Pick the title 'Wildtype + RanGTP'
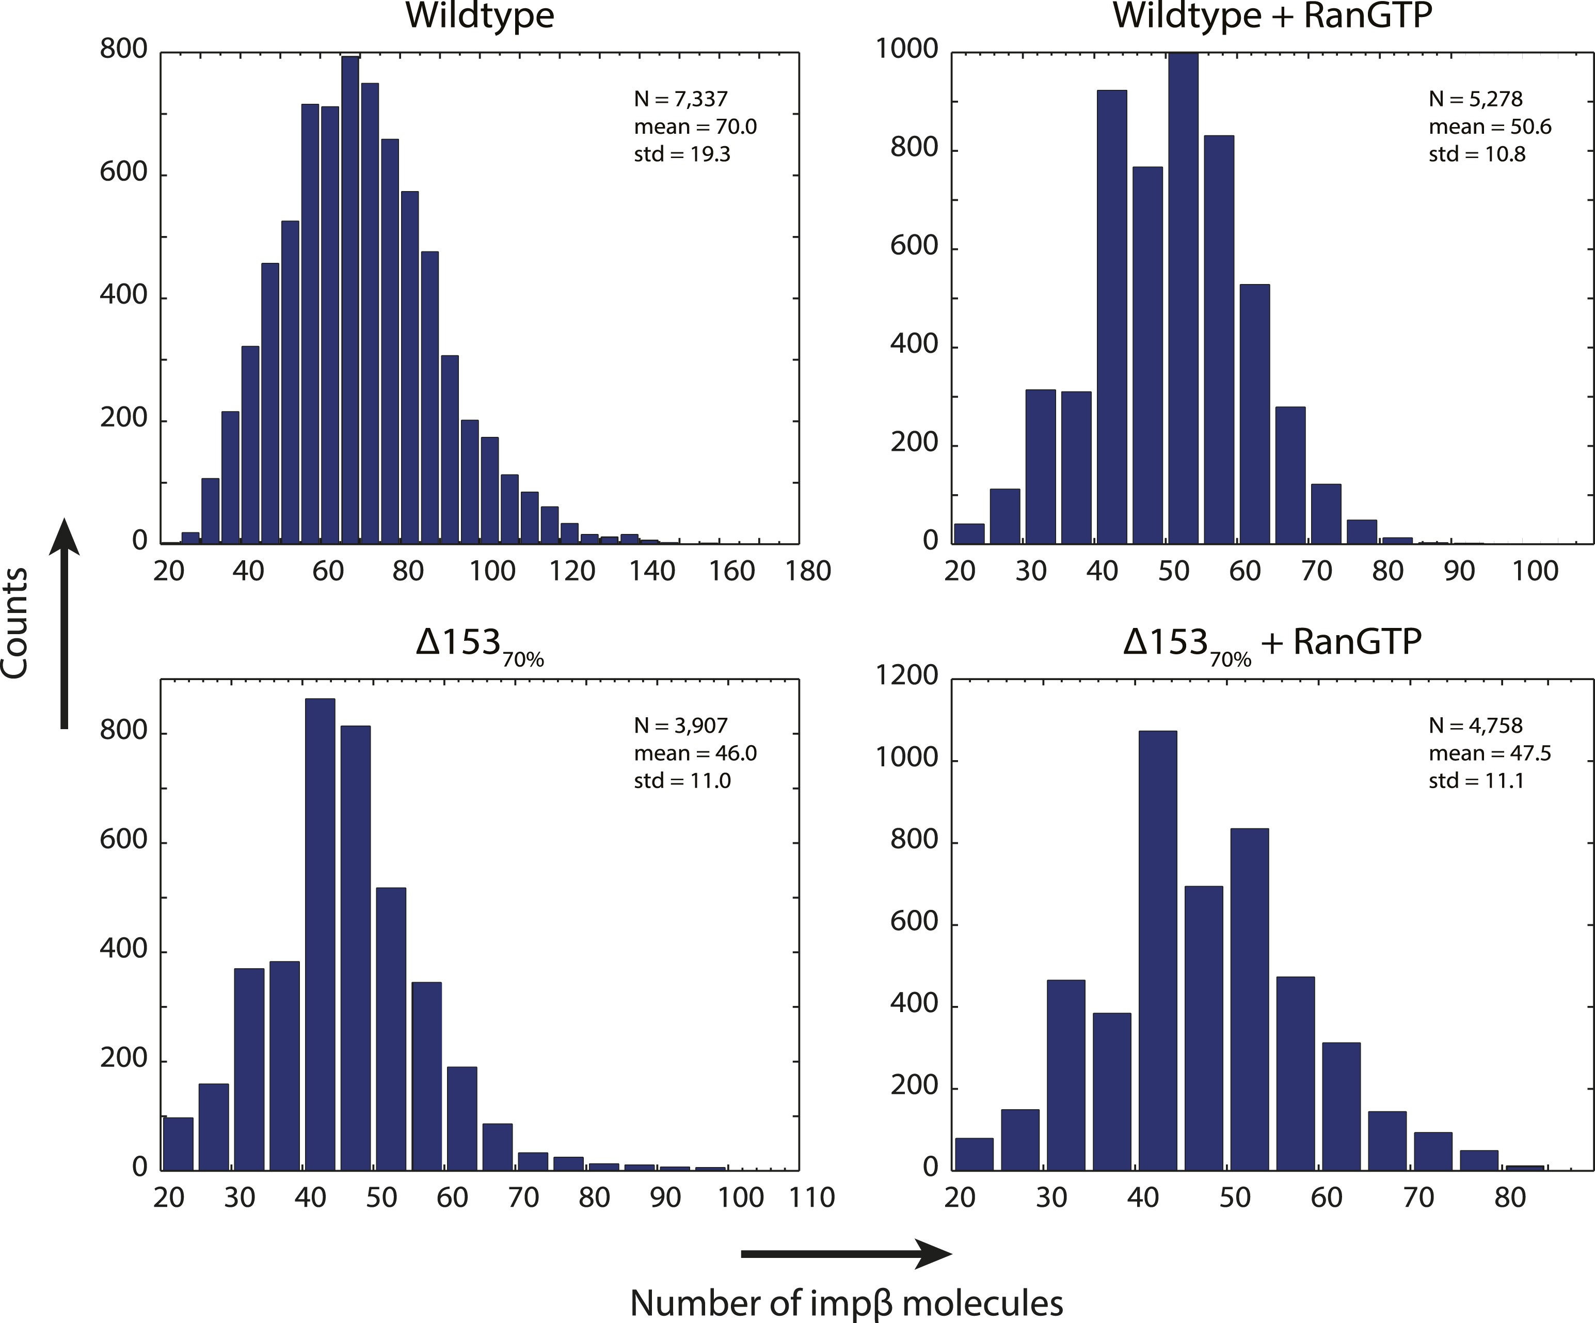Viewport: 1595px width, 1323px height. [x=1272, y=16]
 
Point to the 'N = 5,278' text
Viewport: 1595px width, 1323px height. [x=1475, y=99]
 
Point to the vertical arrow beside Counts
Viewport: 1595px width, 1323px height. [x=65, y=623]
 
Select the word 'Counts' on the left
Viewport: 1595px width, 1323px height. [x=15, y=623]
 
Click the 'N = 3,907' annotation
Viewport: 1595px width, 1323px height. [x=680, y=726]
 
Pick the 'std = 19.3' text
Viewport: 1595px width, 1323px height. [x=682, y=154]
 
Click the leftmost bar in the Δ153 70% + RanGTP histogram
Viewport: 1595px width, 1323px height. [x=974, y=1154]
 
